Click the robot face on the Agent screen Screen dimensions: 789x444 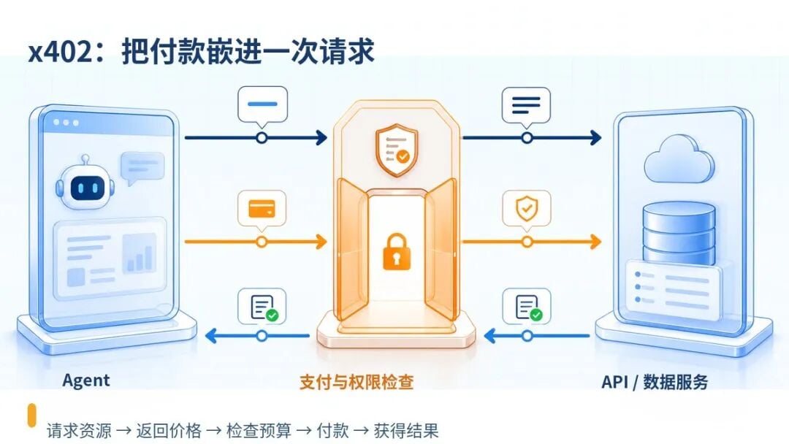click(x=85, y=184)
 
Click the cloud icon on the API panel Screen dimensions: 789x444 click(x=679, y=159)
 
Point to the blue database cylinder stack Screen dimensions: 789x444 click(x=679, y=233)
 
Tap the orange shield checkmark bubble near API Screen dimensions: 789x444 click(x=526, y=209)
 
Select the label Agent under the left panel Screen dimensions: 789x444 click(x=86, y=380)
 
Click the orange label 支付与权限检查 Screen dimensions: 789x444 click(x=357, y=382)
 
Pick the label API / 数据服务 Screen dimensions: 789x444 click(x=655, y=382)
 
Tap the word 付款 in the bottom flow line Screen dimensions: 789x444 click(x=332, y=430)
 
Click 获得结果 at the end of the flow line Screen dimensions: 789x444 click(x=406, y=430)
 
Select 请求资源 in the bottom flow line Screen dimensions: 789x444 click(x=79, y=430)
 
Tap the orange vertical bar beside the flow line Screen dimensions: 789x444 click(x=31, y=415)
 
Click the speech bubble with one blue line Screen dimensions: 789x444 click(x=262, y=106)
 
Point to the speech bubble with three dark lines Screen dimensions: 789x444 click(x=526, y=106)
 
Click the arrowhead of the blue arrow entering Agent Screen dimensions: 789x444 click(x=211, y=335)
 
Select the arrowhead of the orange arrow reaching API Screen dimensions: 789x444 click(x=595, y=242)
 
